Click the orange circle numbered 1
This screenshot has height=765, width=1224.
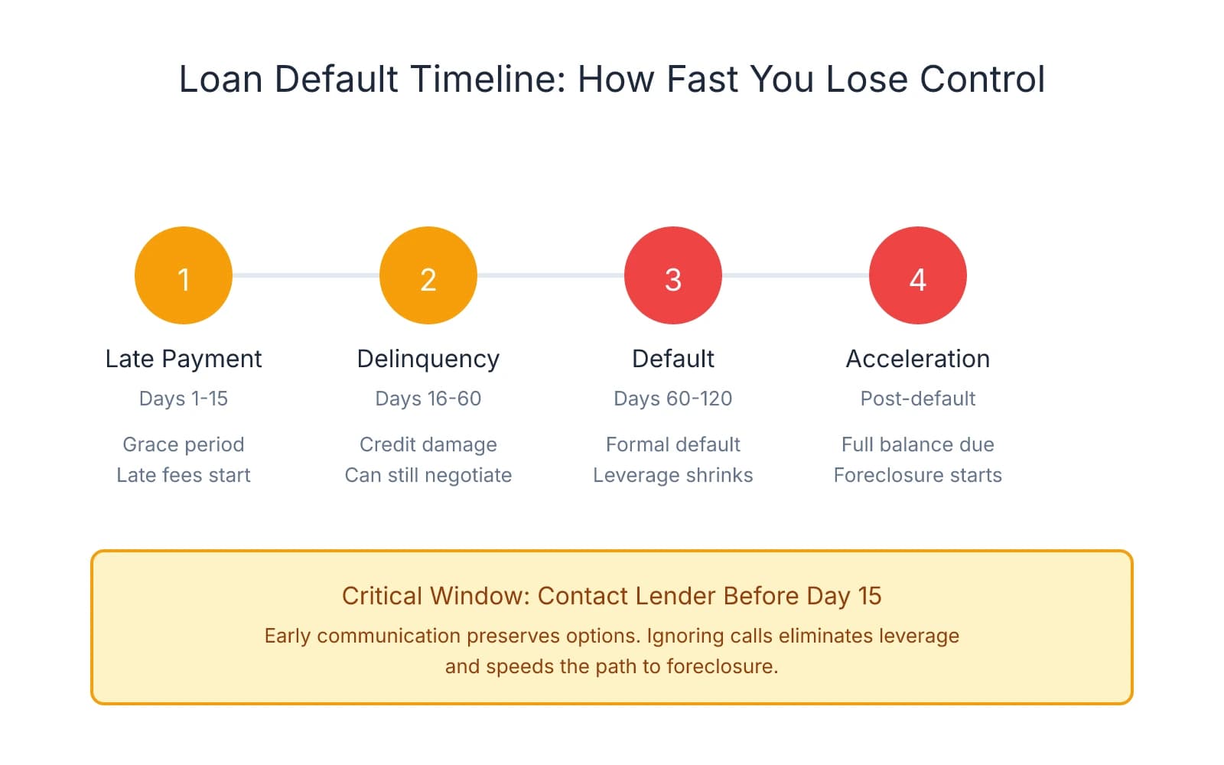184,275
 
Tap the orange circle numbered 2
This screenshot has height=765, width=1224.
428,275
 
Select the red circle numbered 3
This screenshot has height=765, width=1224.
673,275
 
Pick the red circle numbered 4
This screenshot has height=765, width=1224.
918,275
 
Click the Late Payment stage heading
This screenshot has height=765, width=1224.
184,359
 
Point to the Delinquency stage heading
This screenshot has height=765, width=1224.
428,359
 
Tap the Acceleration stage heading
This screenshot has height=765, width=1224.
918,359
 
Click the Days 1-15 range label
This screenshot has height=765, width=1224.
184,399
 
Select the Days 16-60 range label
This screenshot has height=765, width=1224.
428,399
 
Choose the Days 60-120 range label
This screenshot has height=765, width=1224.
673,399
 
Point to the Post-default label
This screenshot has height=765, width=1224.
918,399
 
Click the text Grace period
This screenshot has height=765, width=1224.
184,444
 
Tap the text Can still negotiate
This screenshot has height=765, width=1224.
428,475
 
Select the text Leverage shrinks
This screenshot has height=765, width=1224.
673,475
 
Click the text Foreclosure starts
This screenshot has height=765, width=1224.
918,475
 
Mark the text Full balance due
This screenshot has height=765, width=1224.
918,444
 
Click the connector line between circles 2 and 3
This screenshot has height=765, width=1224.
551,275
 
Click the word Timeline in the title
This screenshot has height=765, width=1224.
488,79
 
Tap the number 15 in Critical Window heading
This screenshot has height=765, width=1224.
869,596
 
